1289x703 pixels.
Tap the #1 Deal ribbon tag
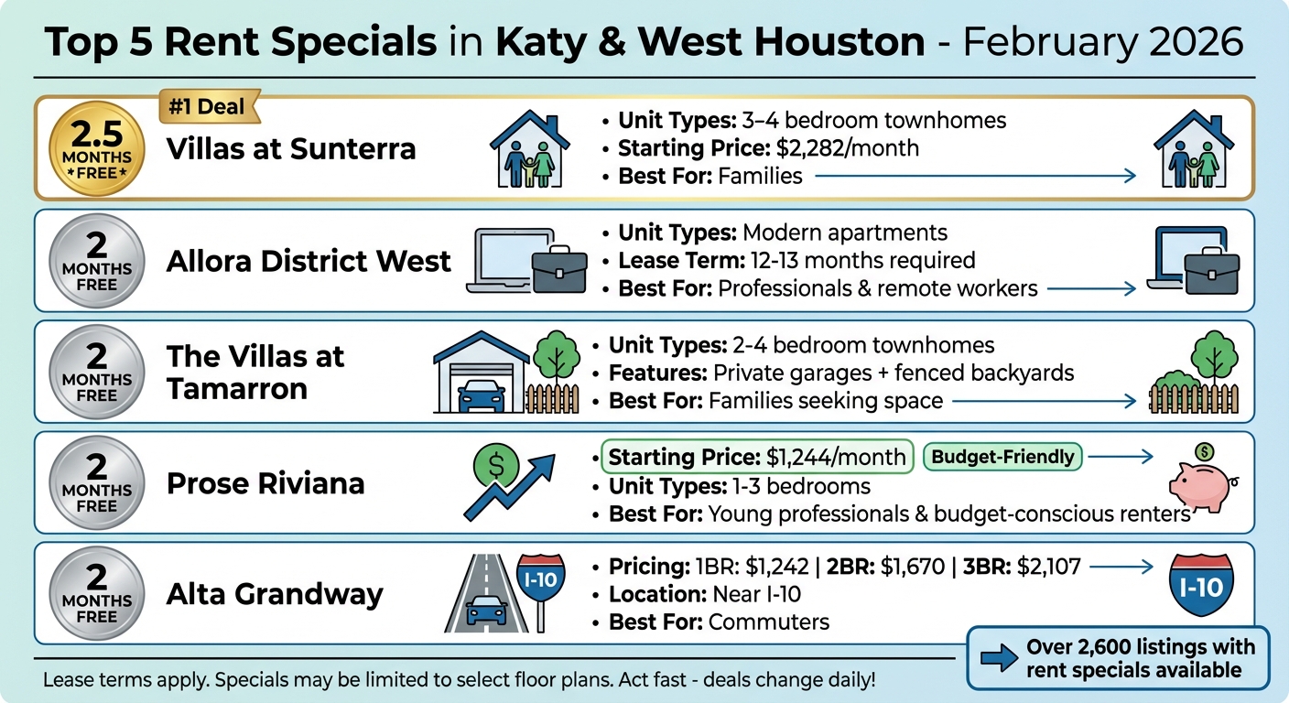[208, 106]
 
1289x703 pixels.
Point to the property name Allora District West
[309, 261]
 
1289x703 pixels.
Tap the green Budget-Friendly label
[1003, 456]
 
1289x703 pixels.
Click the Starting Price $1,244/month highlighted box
[757, 456]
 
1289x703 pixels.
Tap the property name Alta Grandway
[275, 594]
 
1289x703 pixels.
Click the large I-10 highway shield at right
[1201, 585]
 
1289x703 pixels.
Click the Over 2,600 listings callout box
[1119, 656]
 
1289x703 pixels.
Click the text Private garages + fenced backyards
[893, 373]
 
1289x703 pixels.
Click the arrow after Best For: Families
[975, 176]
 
